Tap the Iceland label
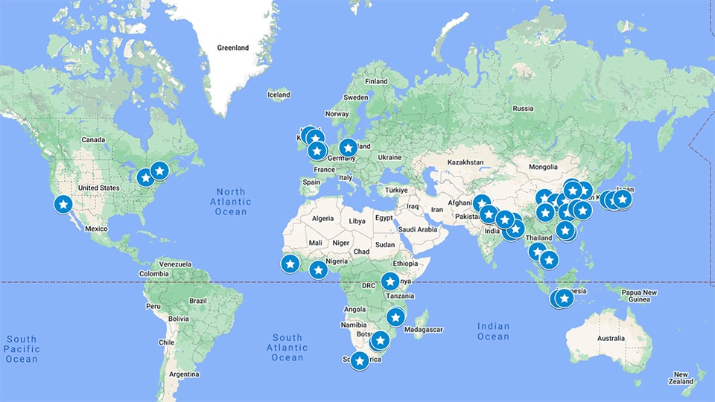tap(279, 95)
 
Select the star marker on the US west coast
tap(63, 203)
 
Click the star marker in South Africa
tap(360, 361)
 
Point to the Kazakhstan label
tap(465, 162)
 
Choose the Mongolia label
tap(543, 167)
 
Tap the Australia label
tap(611, 339)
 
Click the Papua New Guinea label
tap(640, 296)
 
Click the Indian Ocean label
tap(493, 331)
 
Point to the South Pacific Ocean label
tap(21, 349)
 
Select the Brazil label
tap(197, 300)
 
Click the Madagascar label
tap(423, 329)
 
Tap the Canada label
tap(94, 140)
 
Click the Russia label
tap(524, 109)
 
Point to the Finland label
tap(376, 81)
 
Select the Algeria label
tap(322, 218)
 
